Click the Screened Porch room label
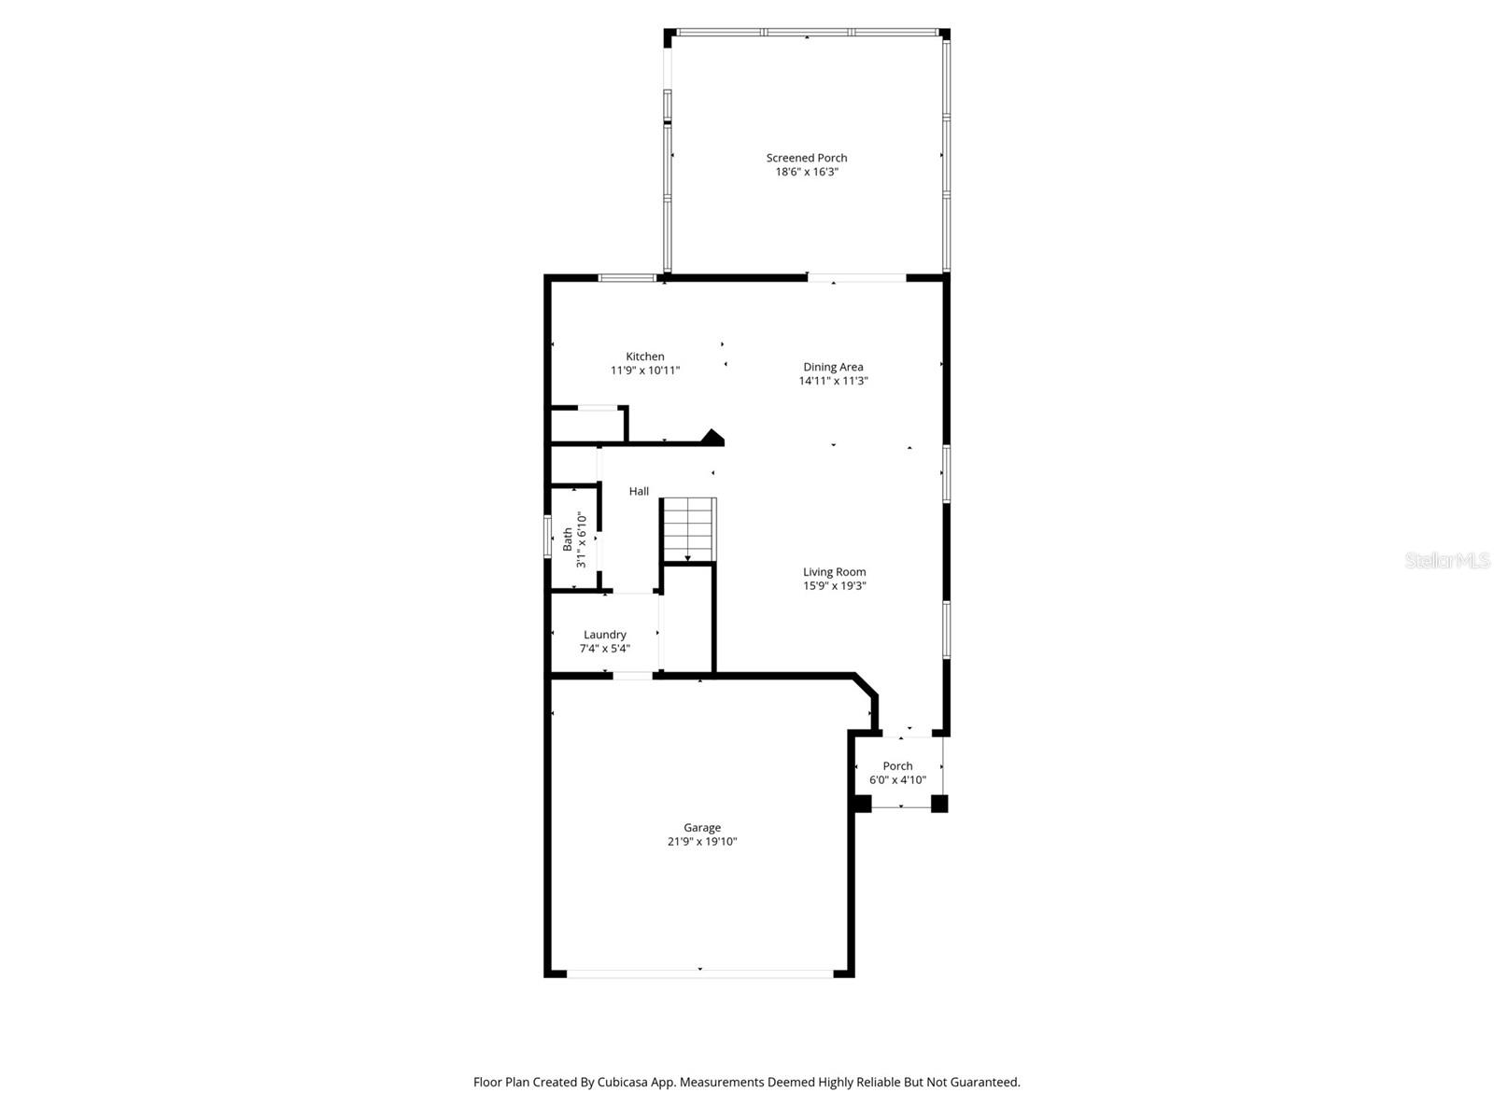807,158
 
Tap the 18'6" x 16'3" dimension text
807,172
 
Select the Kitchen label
645,357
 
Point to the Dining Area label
833,367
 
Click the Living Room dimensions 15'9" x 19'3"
835,586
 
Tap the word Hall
639,491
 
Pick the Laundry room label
605,635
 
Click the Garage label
702,827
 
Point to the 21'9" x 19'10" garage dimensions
702,841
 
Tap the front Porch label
897,765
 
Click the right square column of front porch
939,803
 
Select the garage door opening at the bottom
699,973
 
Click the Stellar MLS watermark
1447,560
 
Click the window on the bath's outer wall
548,537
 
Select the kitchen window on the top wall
627,277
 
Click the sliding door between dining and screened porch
856,277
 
